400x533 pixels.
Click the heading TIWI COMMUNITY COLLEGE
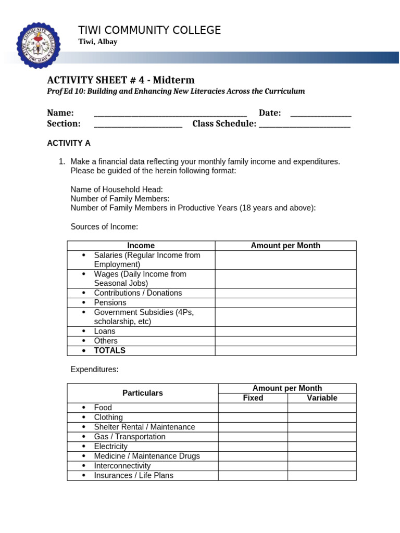click(x=149, y=30)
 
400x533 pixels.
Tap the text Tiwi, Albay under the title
click(x=97, y=42)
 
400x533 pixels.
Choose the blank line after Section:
click(x=138, y=124)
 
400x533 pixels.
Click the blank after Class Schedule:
click(x=304, y=124)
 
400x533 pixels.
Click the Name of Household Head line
click(x=117, y=189)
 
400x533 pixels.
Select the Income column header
click(x=141, y=246)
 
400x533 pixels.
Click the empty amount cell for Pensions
click(x=285, y=302)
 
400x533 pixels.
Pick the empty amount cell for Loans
click(x=285, y=331)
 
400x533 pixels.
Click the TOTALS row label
click(x=109, y=350)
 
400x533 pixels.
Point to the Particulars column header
click(x=142, y=393)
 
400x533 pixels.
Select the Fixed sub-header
click(x=253, y=398)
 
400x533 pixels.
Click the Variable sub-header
click(x=322, y=398)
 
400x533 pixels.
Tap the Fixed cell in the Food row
click(x=253, y=408)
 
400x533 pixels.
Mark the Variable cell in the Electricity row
click(x=322, y=447)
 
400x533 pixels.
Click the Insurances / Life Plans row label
click(x=133, y=475)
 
